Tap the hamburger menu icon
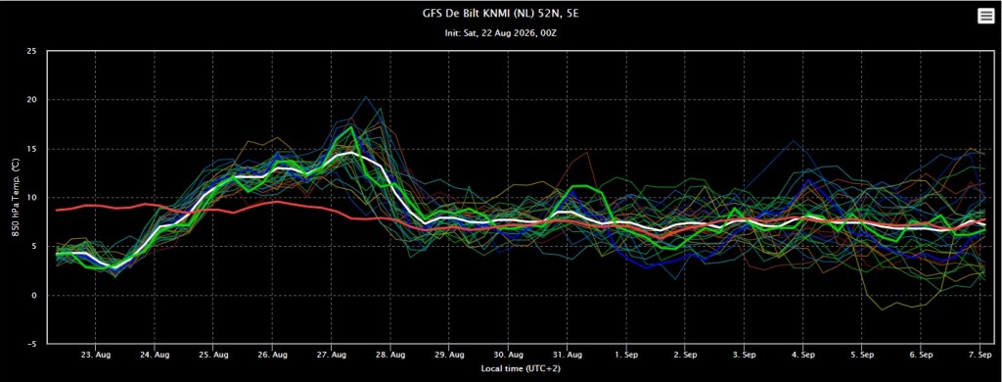985,17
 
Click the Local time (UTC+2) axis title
521,368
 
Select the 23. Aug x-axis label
95,355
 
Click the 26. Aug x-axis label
272,355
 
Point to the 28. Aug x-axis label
389,355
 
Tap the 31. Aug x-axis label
567,355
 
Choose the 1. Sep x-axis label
626,355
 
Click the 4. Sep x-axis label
803,355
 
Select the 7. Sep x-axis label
980,355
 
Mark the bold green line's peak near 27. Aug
351,126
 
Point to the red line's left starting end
57,210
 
